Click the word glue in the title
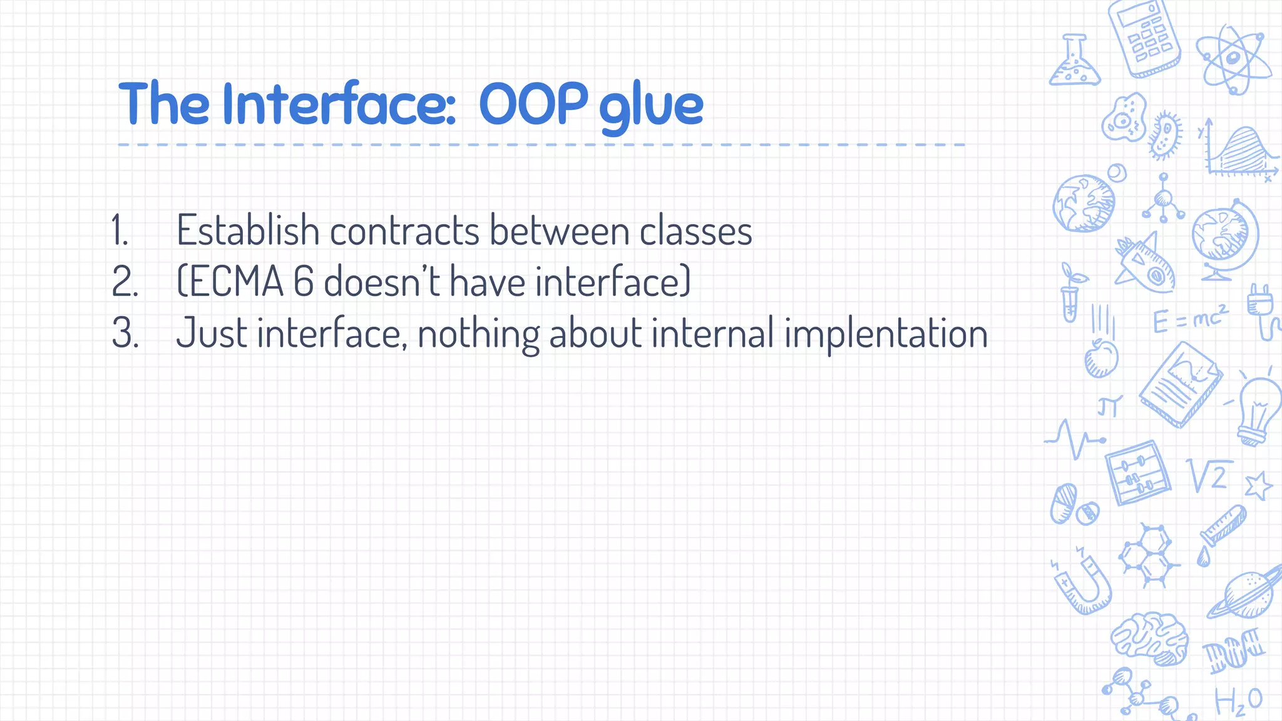(651, 106)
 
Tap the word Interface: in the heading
(339, 104)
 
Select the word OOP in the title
(533, 104)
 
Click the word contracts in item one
(404, 231)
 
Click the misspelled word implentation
(886, 334)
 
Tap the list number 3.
(124, 334)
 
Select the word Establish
(248, 231)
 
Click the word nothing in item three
(478, 334)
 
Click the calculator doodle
(1144, 39)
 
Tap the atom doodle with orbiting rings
(1233, 59)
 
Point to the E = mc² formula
(1190, 319)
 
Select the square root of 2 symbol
(1209, 476)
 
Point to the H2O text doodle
(1238, 701)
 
